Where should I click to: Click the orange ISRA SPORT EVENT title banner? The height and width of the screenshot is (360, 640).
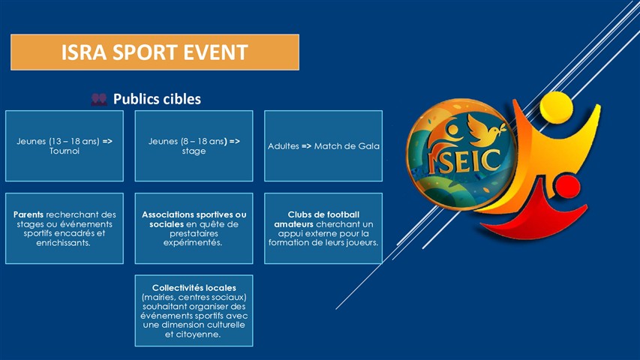[155, 52]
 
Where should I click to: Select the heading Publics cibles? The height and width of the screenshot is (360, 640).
[157, 99]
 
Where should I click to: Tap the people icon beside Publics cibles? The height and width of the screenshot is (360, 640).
[99, 99]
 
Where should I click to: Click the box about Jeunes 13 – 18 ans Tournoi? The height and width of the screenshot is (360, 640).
[65, 145]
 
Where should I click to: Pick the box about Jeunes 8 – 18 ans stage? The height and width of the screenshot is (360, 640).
[194, 145]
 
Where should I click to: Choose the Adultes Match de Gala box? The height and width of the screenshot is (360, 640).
[323, 145]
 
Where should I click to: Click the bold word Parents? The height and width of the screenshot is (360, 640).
[29, 214]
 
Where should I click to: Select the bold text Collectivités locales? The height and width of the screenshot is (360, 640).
[194, 288]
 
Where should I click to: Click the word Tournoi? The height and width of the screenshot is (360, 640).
[65, 151]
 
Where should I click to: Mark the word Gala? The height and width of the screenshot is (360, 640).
[369, 146]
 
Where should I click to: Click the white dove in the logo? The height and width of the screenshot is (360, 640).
[485, 130]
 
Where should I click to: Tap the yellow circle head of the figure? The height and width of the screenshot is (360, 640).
[556, 107]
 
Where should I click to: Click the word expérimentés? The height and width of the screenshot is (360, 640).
[193, 243]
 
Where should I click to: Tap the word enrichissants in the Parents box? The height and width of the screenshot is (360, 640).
[63, 243]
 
